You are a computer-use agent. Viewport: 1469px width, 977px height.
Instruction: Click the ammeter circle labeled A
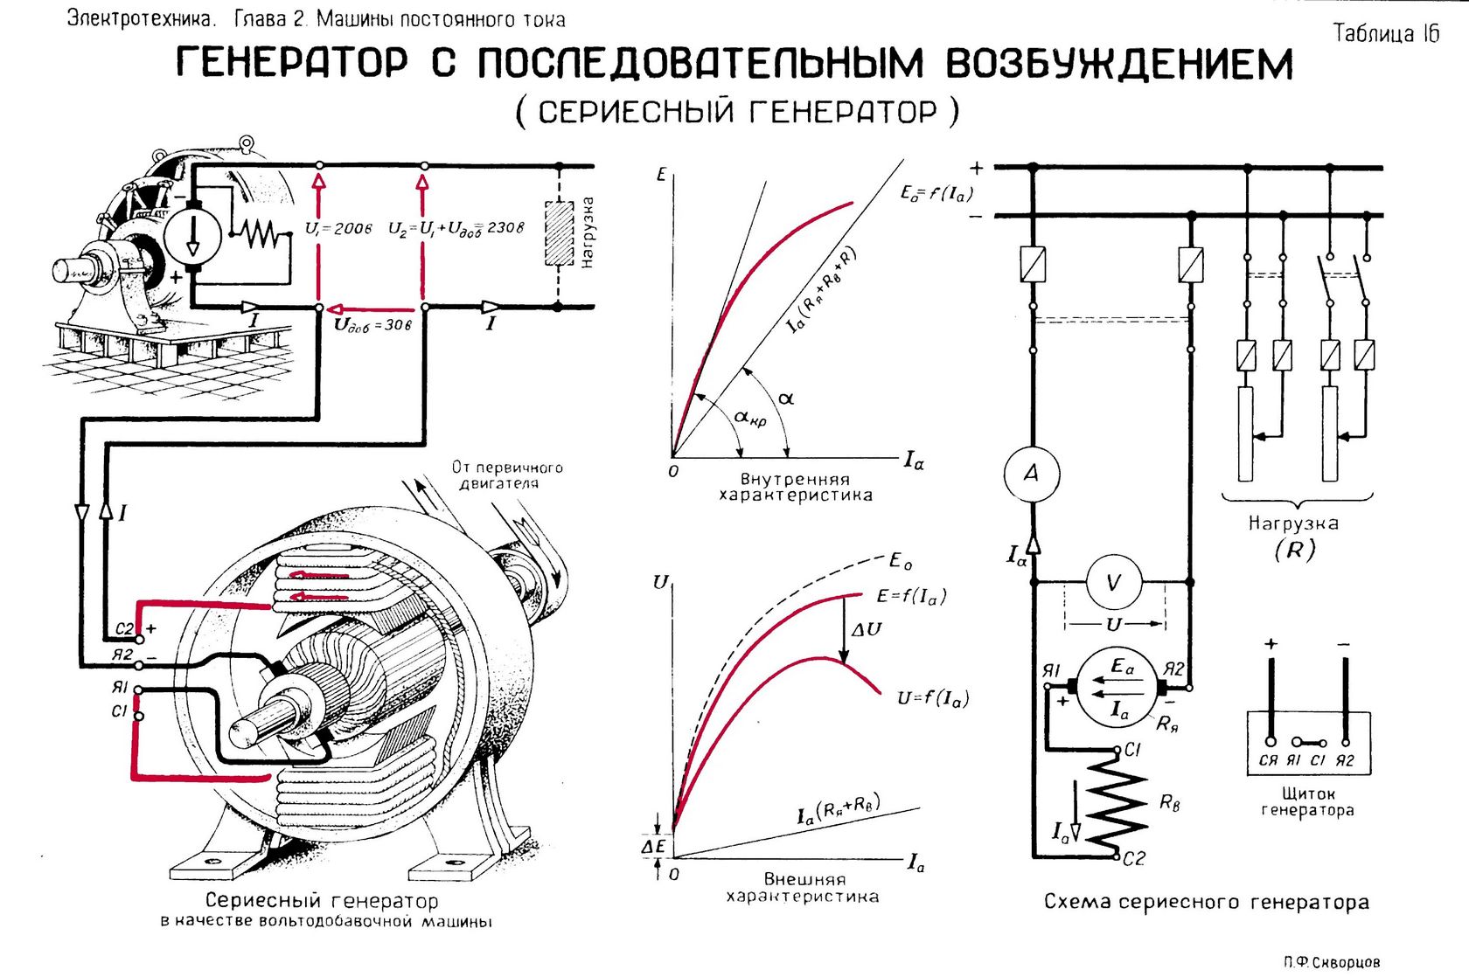(1032, 474)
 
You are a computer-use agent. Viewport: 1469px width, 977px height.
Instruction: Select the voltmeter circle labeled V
(1112, 582)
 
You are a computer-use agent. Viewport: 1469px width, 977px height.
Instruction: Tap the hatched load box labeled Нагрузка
(559, 233)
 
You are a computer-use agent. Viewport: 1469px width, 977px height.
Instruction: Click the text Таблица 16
(1385, 33)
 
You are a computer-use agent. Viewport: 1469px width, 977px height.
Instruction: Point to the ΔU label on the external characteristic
(866, 629)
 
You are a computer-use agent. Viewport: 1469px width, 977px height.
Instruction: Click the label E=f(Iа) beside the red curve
(910, 596)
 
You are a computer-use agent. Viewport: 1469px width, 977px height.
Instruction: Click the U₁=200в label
(338, 228)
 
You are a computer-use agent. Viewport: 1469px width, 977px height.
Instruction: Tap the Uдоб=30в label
(372, 325)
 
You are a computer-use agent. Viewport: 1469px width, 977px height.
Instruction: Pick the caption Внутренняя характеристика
(795, 488)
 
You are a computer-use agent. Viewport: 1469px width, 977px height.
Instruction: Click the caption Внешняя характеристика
(803, 888)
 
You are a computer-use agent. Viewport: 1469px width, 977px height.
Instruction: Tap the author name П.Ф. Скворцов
(1331, 961)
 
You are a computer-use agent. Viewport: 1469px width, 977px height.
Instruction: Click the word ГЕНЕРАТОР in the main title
(292, 63)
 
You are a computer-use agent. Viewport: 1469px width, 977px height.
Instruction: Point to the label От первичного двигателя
(507, 475)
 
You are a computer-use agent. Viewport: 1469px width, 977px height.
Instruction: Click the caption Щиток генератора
(1307, 801)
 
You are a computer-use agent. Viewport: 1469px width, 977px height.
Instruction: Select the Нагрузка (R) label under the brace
(1294, 536)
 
